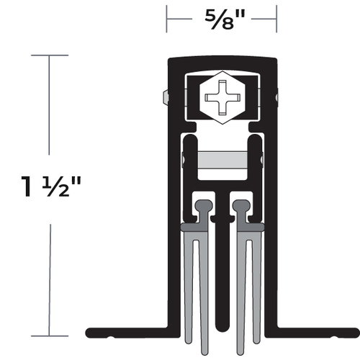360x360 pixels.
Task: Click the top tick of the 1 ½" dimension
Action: point(49,55)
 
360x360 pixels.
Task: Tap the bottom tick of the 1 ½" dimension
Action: point(49,336)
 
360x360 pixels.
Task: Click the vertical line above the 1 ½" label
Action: point(49,108)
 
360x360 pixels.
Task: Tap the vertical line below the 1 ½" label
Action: point(49,281)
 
